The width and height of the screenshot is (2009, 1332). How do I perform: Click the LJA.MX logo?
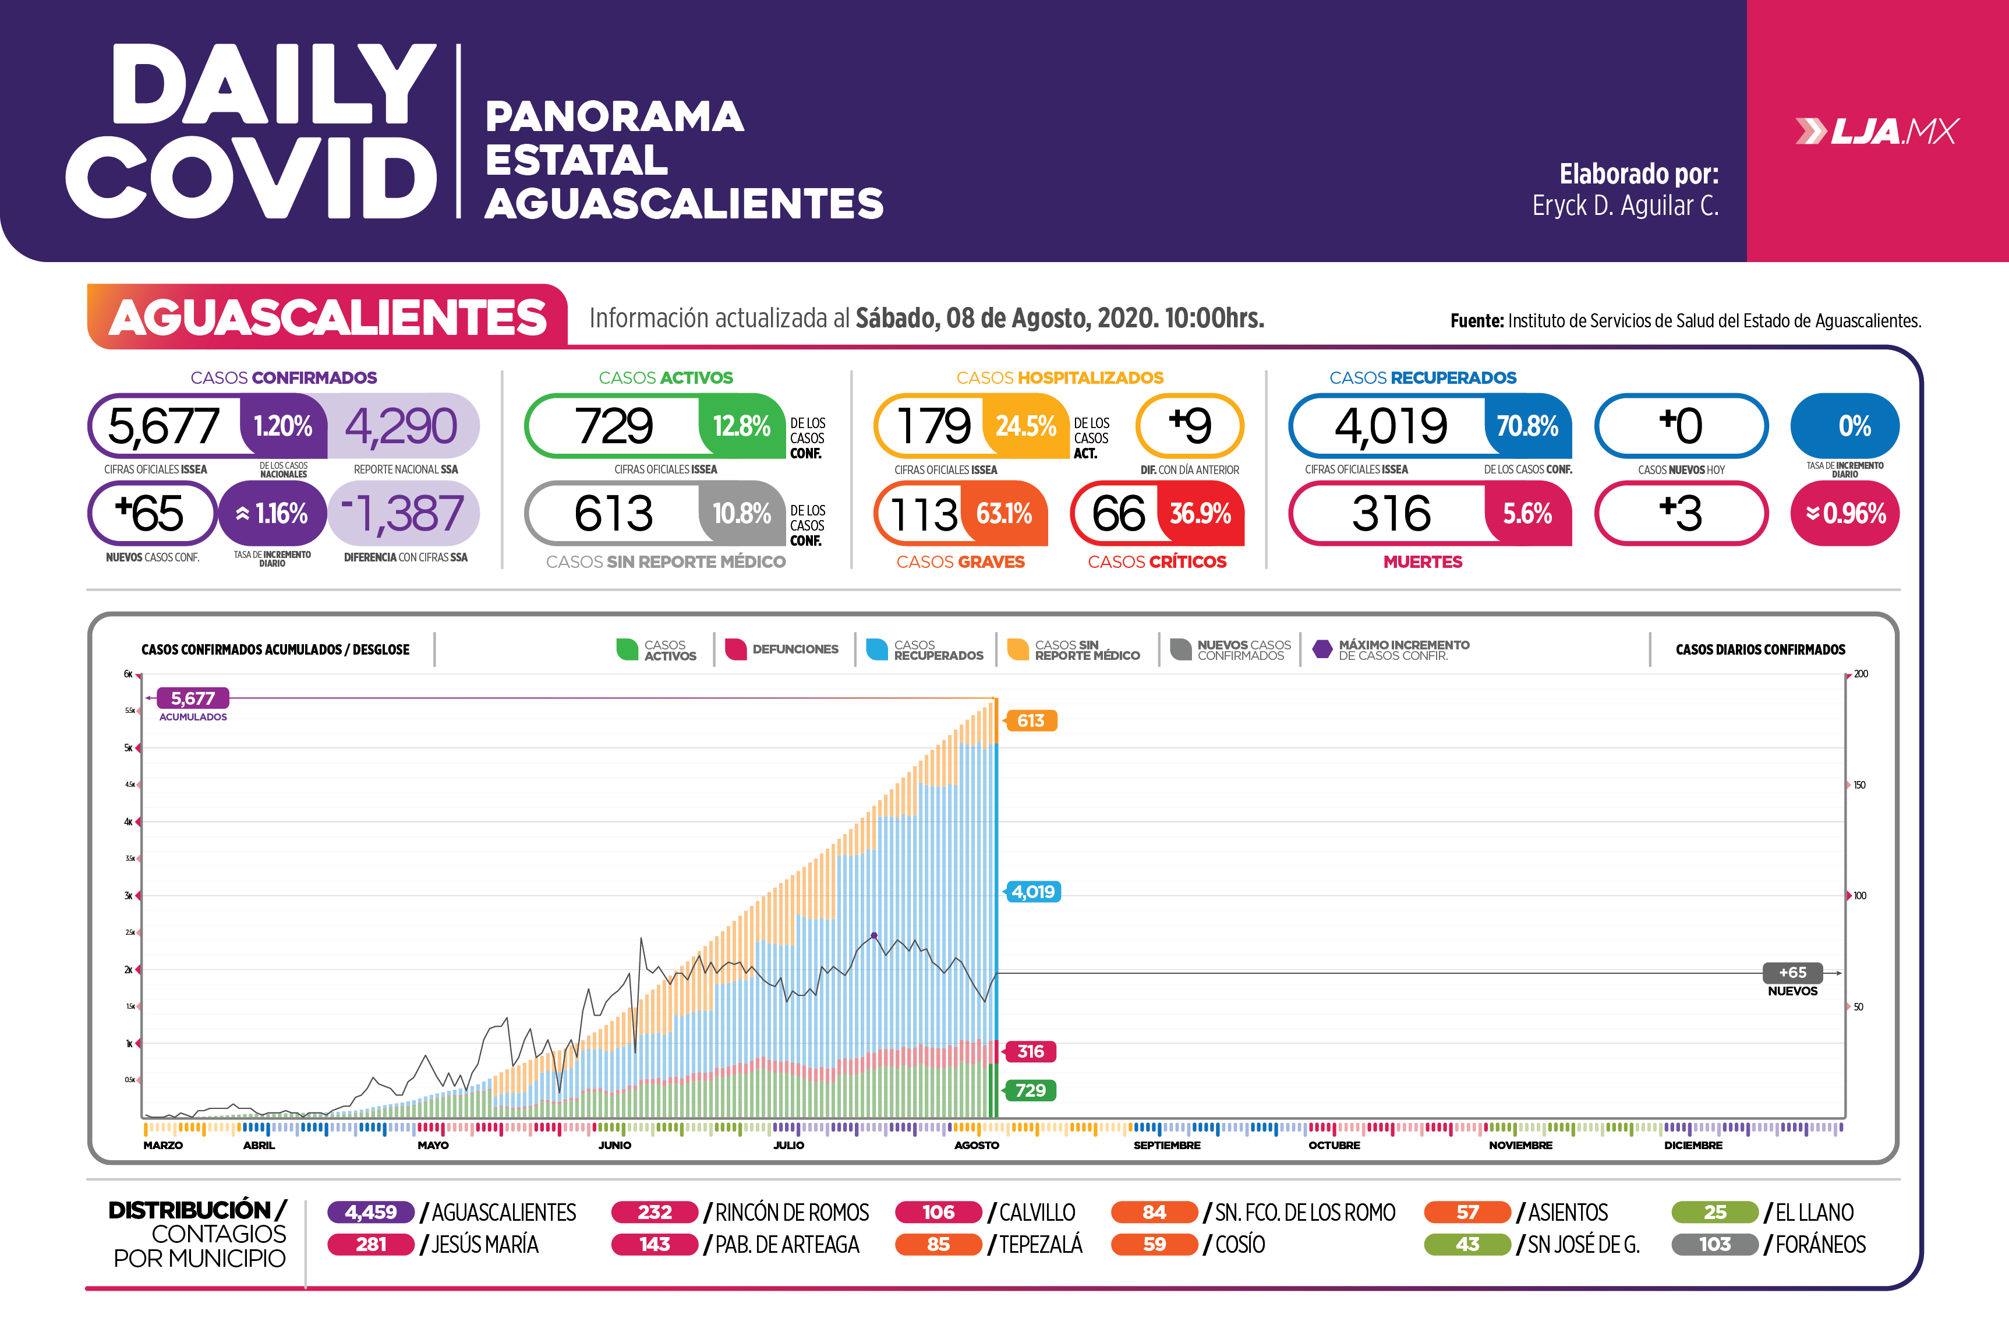(1877, 132)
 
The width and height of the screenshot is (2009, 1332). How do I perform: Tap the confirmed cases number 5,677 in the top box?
(164, 426)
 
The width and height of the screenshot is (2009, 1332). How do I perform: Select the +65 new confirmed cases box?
(151, 513)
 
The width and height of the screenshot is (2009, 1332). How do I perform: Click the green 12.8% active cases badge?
(741, 426)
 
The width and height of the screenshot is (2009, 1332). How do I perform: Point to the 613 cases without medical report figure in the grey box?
(613, 513)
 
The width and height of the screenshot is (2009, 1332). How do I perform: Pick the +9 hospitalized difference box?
(1190, 426)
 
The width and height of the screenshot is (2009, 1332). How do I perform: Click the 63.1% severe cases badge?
(1004, 513)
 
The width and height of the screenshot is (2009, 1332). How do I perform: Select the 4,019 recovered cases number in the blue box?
(1390, 426)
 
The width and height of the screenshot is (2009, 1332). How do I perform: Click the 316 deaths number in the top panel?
(1390, 513)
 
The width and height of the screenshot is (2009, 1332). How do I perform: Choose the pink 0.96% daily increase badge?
(1845, 513)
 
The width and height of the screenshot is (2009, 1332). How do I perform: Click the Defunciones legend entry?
(782, 649)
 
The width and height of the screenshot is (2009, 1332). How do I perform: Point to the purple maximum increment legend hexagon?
(1322, 649)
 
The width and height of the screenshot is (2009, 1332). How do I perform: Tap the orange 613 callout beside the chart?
(1030, 721)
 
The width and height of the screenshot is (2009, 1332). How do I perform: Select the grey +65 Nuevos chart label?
(1792, 973)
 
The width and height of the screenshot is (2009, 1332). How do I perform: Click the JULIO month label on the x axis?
(788, 1145)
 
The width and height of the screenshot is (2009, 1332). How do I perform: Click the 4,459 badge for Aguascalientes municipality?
(371, 1212)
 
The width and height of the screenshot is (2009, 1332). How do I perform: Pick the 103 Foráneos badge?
(1714, 1245)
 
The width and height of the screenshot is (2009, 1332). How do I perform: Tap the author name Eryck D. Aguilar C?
(1625, 206)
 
